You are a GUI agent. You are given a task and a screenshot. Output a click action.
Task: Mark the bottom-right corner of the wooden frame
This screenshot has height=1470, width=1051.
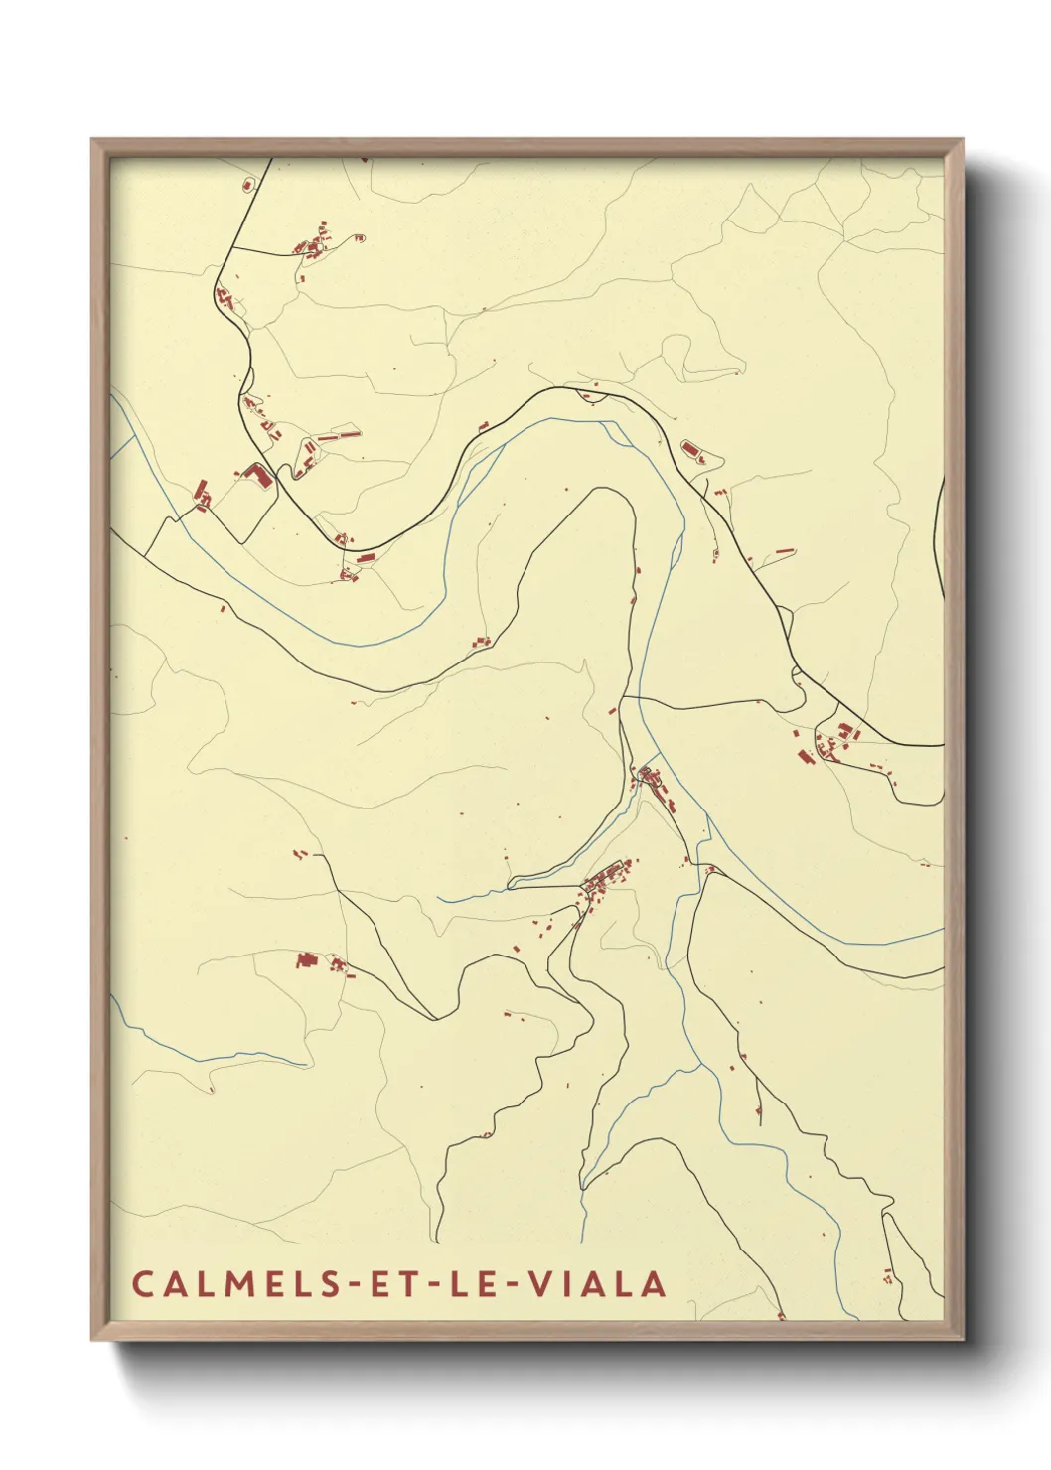pyautogui.click(x=964, y=1339)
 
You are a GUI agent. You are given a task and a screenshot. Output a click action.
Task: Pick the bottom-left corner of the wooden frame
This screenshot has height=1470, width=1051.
pyautogui.click(x=92, y=1339)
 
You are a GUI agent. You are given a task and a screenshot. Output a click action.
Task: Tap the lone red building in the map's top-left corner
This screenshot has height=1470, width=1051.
pyautogui.click(x=248, y=184)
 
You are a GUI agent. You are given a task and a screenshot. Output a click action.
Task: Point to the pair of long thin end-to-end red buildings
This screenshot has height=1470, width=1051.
pyautogui.click(x=338, y=434)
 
